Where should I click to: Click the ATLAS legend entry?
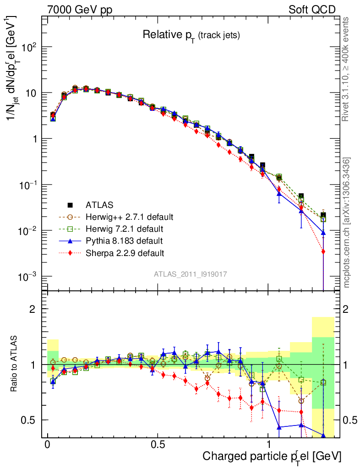(x=99, y=204)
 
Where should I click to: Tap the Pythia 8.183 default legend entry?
(x=124, y=240)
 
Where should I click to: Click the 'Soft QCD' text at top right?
(x=312, y=10)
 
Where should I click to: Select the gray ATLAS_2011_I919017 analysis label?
(x=190, y=274)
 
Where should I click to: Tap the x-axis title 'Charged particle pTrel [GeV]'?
(x=272, y=456)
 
